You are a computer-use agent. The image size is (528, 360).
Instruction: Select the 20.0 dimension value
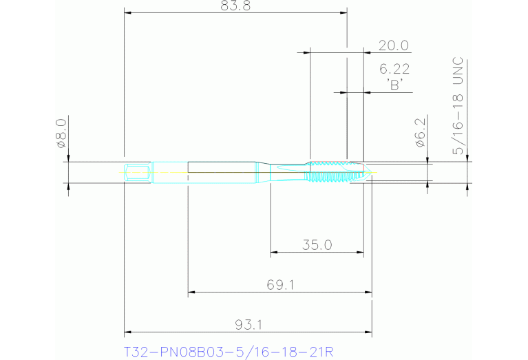click(394, 46)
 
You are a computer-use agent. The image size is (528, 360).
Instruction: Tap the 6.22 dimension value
click(394, 69)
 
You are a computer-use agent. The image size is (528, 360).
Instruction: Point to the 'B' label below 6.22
click(394, 85)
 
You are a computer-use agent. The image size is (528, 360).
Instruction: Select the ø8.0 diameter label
click(61, 134)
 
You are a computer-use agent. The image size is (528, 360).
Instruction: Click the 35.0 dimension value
click(317, 244)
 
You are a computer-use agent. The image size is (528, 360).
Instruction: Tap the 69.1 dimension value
click(280, 284)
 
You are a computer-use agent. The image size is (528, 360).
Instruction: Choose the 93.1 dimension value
click(248, 324)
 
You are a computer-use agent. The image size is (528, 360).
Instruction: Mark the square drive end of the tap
click(138, 171)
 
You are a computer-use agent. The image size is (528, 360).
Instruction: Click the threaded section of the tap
click(330, 171)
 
